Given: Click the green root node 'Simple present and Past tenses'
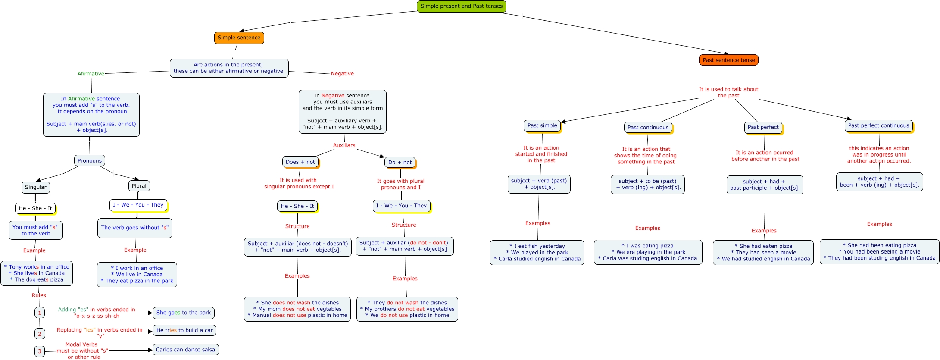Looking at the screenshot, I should click(461, 6).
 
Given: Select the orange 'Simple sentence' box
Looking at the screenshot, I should click(239, 38).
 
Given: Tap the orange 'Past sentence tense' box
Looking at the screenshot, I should click(728, 60).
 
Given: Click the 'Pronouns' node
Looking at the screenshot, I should click(90, 160).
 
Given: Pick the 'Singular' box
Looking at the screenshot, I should click(36, 187).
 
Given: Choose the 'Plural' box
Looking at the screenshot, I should click(139, 186).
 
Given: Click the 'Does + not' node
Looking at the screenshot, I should click(300, 162).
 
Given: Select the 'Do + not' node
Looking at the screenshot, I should click(400, 163).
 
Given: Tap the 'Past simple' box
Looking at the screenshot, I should click(542, 125).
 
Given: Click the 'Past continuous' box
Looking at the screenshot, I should click(648, 127).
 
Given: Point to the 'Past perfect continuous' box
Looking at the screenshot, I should click(878, 125).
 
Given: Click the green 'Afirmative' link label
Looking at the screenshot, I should click(91, 74).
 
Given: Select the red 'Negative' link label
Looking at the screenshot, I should click(342, 74).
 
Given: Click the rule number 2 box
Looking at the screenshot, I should click(40, 334).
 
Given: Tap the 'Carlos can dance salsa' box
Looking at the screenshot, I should click(185, 350).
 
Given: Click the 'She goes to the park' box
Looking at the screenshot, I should click(184, 313).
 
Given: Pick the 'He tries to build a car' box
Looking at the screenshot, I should click(184, 330).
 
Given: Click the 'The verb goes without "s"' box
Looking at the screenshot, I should click(135, 228).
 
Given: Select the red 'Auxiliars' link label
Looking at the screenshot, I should click(344, 145).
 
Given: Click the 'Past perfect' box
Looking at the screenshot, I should click(763, 127).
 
